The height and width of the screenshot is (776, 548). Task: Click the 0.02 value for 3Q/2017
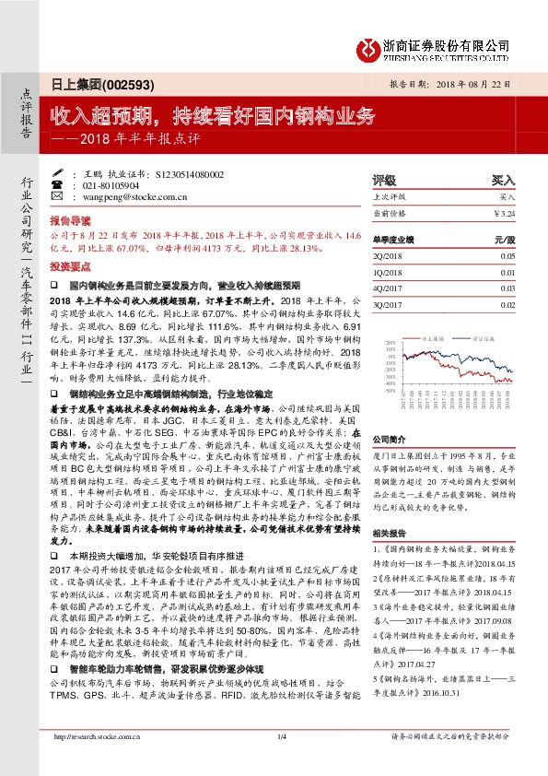pos(507,303)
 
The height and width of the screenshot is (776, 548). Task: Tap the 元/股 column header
pos(503,237)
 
